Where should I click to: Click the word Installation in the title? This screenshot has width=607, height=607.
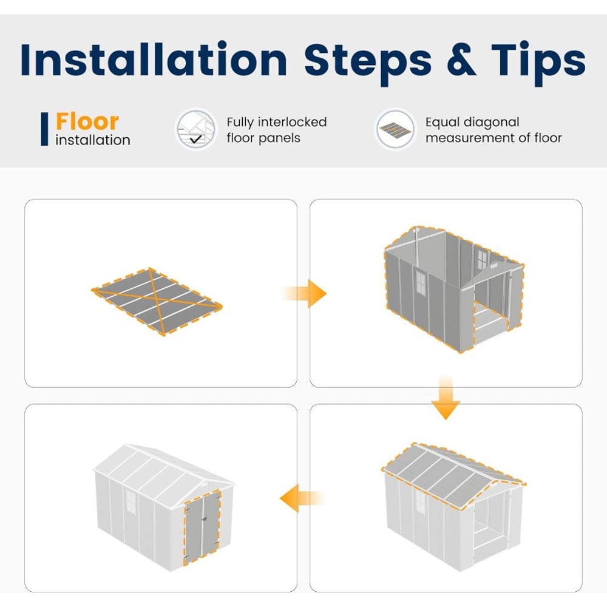154,59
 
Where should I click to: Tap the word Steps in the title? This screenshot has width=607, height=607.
368,63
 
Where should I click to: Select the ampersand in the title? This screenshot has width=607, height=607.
461,59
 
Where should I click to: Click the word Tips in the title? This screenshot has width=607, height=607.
538,63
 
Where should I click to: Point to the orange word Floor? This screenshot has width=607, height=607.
87,121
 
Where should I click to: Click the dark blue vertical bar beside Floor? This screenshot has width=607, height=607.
44,129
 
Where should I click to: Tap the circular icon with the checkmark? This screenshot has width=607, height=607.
196,129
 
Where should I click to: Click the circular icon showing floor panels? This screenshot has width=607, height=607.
395,129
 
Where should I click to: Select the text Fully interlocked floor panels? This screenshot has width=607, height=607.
276,130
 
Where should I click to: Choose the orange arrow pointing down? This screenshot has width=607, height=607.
446,397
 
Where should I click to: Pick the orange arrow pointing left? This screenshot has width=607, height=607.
302,498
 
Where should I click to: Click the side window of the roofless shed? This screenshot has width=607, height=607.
421,282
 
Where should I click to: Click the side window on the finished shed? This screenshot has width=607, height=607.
131,501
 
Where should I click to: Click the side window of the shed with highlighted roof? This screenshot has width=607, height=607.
421,502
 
